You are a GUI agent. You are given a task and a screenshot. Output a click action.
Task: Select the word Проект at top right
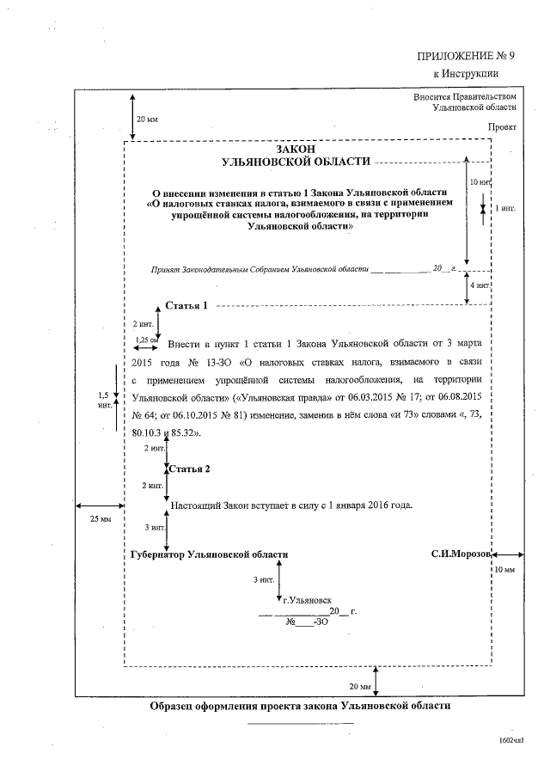tap(503, 126)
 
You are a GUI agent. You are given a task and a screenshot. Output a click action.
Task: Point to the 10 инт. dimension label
tap(480, 183)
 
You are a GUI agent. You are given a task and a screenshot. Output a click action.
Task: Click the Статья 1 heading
tap(186, 306)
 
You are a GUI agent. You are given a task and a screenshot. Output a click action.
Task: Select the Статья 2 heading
tap(190, 469)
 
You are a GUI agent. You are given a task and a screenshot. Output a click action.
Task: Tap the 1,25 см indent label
tap(147, 340)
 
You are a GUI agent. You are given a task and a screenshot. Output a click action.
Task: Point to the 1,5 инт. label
tap(104, 398)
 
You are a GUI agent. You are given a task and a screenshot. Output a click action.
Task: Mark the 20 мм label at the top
tap(147, 118)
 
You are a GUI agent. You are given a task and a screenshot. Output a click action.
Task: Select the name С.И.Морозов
tap(461, 554)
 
